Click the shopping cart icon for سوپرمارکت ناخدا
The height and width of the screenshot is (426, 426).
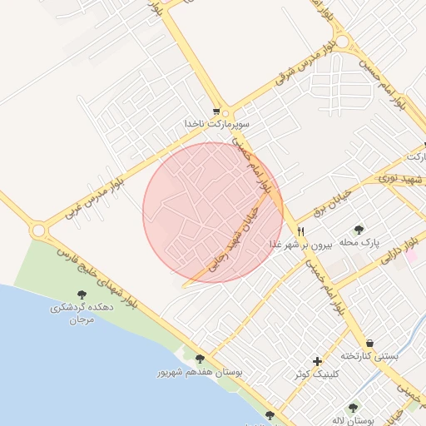(x=217, y=111)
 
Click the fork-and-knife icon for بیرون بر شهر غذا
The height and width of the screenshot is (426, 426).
(x=301, y=232)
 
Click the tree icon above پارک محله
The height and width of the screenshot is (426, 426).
(x=359, y=230)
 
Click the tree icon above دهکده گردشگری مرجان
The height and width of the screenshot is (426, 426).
(x=82, y=295)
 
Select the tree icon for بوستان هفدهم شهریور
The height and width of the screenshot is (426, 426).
(x=200, y=359)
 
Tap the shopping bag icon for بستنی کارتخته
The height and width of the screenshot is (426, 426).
(x=369, y=343)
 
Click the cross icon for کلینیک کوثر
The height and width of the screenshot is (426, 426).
(x=317, y=361)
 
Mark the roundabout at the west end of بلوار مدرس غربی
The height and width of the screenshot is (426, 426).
(x=38, y=229)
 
